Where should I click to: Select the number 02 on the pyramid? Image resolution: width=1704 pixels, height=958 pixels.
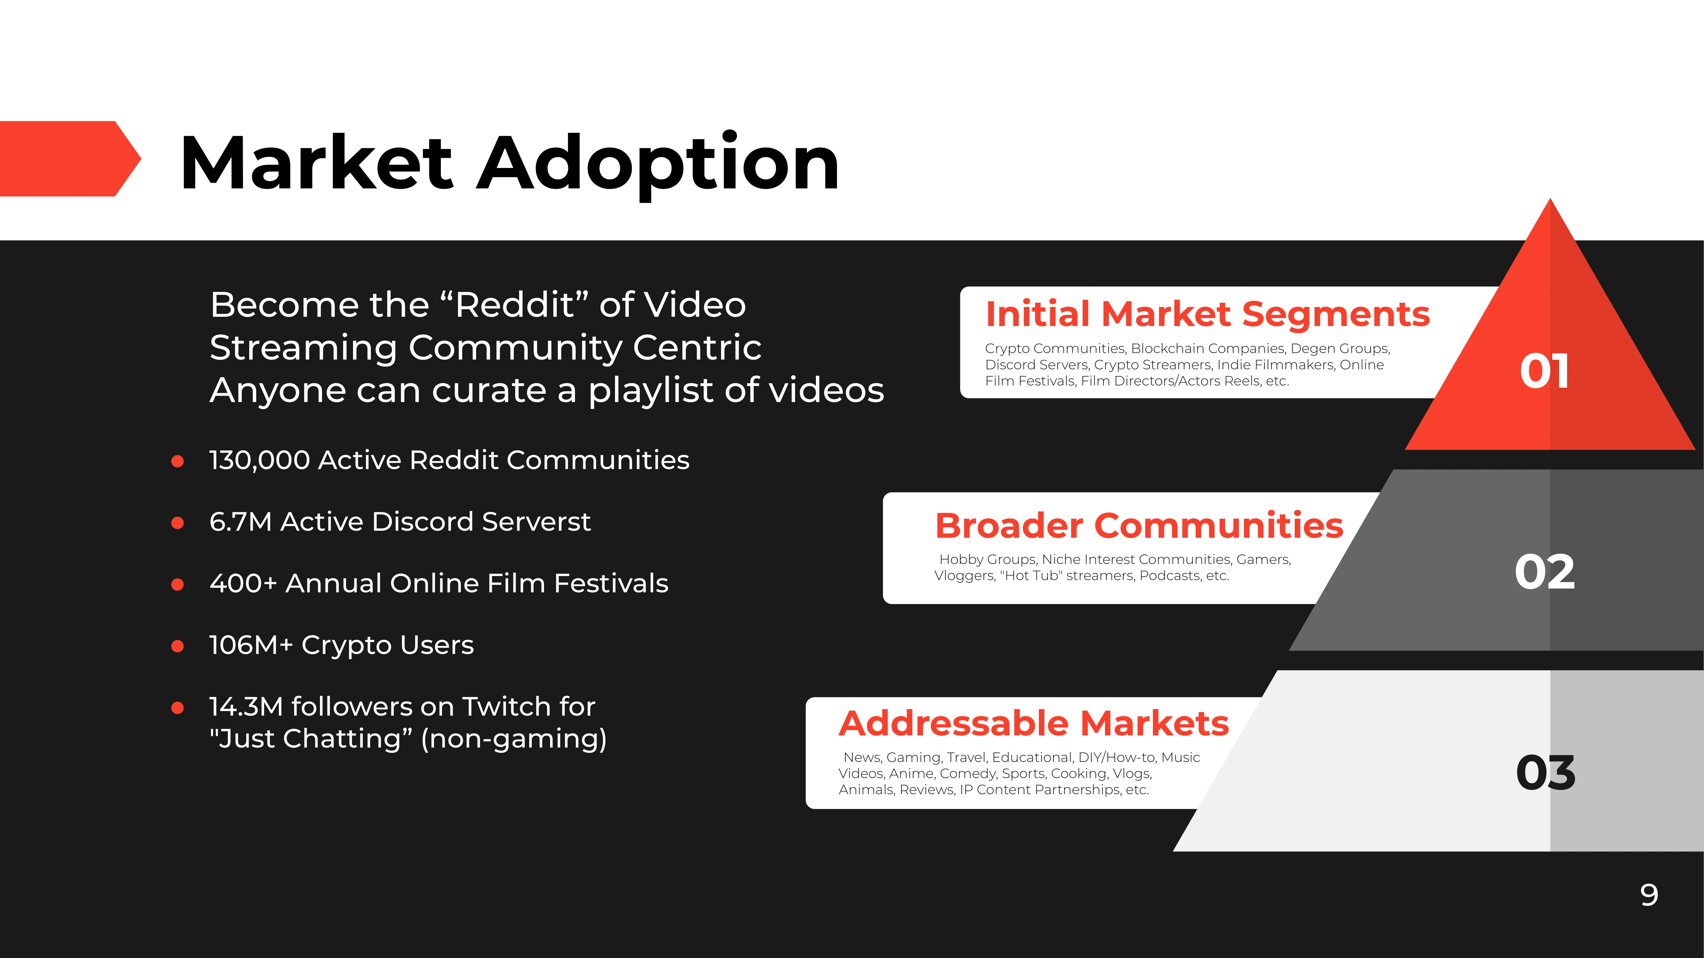[x=1545, y=572]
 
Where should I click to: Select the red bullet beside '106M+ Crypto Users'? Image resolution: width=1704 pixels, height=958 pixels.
[x=177, y=646]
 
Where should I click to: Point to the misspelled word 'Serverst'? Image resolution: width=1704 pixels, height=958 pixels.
[x=536, y=522]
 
